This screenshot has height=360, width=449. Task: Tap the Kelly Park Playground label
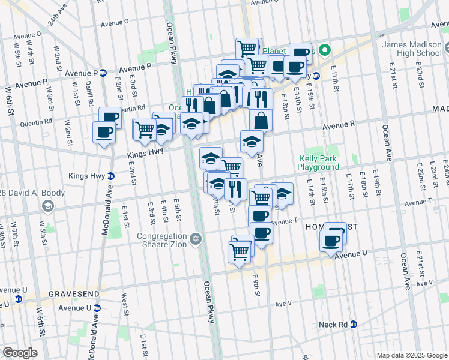[319, 163]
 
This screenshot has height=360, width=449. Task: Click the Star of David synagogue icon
[195, 240]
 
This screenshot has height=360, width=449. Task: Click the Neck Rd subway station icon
[354, 325]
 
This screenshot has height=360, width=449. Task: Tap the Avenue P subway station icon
[103, 73]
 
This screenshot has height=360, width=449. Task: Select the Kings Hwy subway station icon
[112, 176]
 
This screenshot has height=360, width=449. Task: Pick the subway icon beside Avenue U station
[97, 308]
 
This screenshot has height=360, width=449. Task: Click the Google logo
[19, 353]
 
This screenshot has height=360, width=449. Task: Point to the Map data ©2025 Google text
[411, 355]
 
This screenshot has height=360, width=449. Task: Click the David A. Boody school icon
[47, 206]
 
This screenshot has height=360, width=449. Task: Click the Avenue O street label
[115, 23]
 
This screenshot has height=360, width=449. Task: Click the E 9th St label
[256, 282]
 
